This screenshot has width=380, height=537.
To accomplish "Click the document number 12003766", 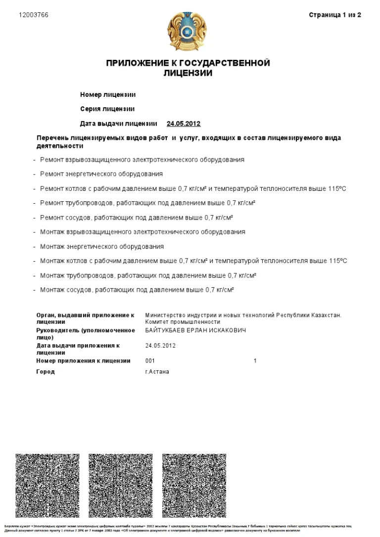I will point(34,15).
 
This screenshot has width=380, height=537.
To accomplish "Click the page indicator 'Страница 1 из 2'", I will point(335,15).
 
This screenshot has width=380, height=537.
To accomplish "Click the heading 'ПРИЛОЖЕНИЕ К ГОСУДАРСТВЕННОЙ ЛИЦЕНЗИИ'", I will point(188,68).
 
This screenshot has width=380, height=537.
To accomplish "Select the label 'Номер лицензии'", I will point(108,94).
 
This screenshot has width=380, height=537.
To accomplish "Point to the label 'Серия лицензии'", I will point(107,109).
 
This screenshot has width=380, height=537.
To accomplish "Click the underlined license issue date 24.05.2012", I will point(184,123).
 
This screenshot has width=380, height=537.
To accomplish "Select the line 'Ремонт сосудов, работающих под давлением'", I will point(137,218).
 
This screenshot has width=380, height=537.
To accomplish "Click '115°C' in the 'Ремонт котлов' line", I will point(337,189).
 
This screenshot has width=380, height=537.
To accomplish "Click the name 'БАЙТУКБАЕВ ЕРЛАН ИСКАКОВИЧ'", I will point(195,330).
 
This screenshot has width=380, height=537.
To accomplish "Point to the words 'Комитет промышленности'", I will point(183,322).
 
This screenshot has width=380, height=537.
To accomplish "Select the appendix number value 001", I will point(150,361).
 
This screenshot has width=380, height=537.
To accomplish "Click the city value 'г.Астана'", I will point(157,372).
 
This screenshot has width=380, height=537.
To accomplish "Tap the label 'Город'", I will point(46,372).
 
